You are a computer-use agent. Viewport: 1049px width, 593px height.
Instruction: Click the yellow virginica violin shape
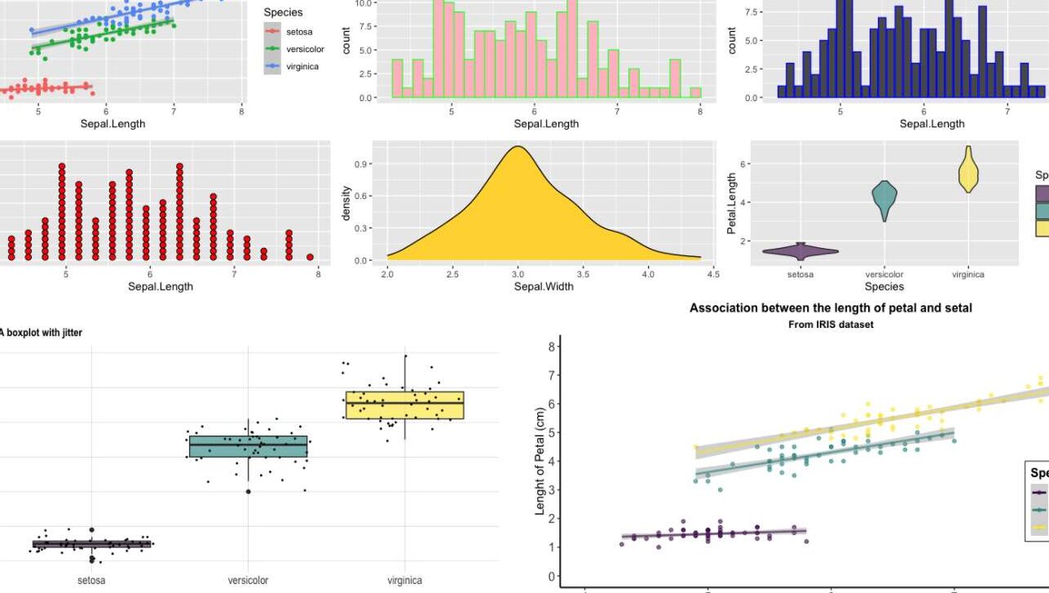[968, 172]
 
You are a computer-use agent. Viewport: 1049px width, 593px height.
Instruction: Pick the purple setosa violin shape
[800, 251]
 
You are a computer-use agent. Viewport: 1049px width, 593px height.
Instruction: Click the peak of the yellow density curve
[517, 148]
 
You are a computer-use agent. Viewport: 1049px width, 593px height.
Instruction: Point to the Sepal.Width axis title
[543, 286]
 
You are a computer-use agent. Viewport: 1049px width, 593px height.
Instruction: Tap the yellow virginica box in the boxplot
[404, 405]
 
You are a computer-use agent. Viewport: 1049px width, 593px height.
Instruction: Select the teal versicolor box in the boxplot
[248, 446]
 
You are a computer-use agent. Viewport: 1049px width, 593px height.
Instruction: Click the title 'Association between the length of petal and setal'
[830, 308]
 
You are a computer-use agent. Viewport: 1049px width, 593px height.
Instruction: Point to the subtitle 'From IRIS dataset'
[830, 324]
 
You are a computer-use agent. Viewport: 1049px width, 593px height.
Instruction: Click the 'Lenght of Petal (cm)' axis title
[540, 462]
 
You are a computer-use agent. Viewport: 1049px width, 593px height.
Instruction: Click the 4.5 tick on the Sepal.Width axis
[713, 274]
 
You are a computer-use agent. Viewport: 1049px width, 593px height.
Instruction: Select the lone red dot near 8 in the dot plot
[310, 257]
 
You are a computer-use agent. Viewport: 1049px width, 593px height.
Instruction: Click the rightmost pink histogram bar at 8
[695, 93]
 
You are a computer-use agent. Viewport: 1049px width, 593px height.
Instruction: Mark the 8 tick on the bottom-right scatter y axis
[552, 347]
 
